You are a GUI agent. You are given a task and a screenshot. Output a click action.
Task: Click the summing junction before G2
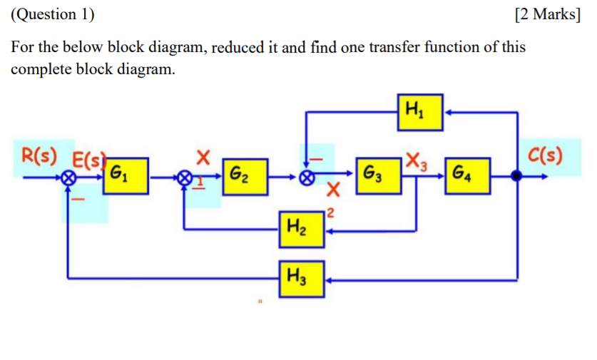(x=185, y=177)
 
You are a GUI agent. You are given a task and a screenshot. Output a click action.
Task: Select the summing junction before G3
(x=307, y=177)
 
